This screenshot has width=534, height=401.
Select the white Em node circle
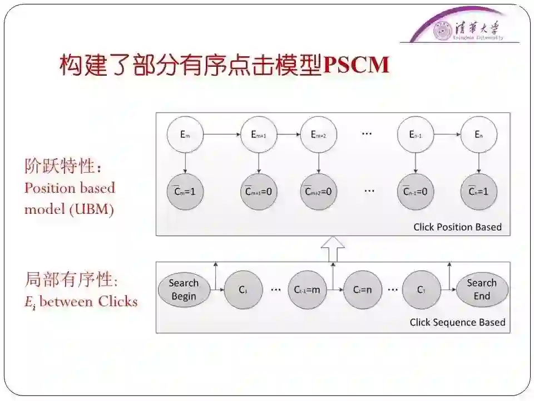[185, 134]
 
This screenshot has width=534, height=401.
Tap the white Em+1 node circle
[259, 134]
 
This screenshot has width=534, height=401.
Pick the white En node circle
[478, 134]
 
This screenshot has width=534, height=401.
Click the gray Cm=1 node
[185, 192]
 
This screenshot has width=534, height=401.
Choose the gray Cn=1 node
[478, 192]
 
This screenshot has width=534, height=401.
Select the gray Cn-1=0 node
[415, 192]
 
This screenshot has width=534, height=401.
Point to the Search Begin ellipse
[184, 290]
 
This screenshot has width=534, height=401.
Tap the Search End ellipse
[482, 290]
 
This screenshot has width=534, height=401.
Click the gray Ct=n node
[362, 290]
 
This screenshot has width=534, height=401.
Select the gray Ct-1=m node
[306, 290]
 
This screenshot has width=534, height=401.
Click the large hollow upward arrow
[333, 248]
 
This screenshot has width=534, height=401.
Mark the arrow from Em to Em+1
[222, 134]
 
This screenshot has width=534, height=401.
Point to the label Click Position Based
[457, 227]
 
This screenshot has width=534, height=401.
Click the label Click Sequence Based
[457, 322]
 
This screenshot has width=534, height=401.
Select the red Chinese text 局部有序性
[70, 279]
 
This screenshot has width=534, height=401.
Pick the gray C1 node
[243, 290]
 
